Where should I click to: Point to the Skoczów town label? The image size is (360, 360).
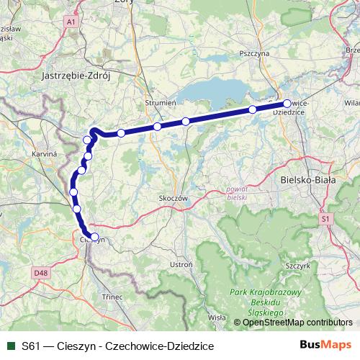[x=173, y=197]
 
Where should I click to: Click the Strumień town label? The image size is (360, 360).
[x=161, y=103]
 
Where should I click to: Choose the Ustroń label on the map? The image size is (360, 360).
[x=181, y=265]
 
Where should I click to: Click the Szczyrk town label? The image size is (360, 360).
[x=298, y=265]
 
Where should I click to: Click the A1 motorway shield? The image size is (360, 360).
[x=71, y=23]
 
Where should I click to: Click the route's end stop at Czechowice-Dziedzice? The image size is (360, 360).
[x=287, y=104]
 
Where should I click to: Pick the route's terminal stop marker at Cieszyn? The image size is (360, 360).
[x=94, y=236]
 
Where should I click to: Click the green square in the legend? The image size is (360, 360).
[x=10, y=346]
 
